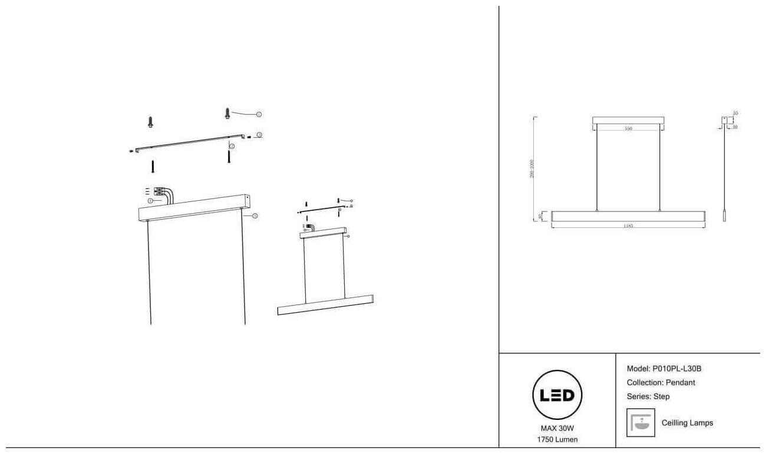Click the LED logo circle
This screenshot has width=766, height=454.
(557, 395)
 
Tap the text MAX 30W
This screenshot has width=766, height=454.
(557, 429)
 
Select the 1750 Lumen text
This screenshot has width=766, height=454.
(557, 440)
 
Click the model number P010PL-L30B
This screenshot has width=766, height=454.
(676, 369)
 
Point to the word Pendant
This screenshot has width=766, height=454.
(681, 383)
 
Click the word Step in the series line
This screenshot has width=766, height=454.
(662, 396)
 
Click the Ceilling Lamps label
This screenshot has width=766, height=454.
(687, 423)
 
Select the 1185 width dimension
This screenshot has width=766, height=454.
(628, 226)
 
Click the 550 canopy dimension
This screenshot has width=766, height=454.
(628, 128)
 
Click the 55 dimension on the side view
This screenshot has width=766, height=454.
(735, 112)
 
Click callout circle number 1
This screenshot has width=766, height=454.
(259, 114)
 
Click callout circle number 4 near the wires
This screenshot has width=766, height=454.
(150, 201)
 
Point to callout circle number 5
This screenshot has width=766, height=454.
(255, 216)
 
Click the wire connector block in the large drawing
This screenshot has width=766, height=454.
(159, 192)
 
